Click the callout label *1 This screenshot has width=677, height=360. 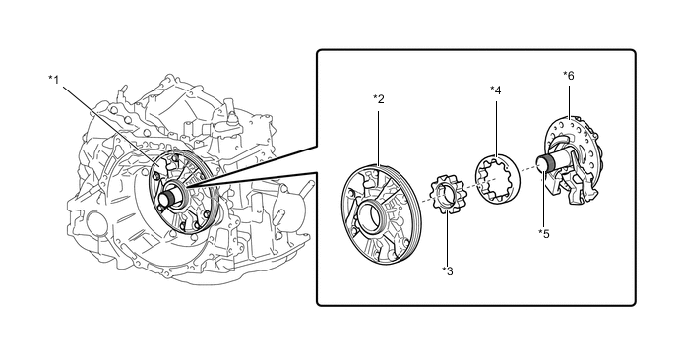[x=53, y=80]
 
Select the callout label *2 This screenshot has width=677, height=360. [x=378, y=99]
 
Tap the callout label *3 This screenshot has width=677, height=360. [x=448, y=271]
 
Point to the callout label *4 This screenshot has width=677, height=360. [x=495, y=90]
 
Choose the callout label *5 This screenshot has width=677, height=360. [x=543, y=234]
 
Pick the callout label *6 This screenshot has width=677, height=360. [x=568, y=76]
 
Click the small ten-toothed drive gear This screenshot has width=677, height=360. [x=446, y=194]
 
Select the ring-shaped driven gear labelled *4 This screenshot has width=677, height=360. [x=498, y=179]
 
